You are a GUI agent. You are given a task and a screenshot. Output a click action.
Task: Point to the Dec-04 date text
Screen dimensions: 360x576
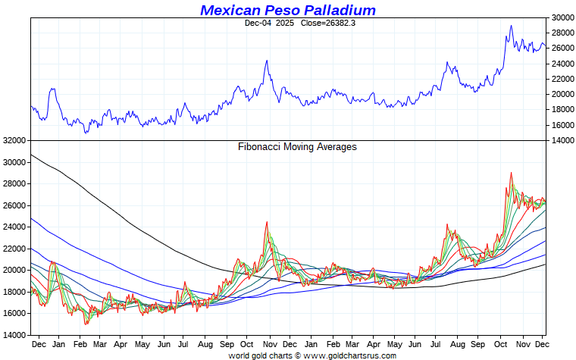pos(258,23)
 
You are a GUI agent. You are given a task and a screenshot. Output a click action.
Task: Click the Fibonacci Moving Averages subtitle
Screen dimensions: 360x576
pos(297,147)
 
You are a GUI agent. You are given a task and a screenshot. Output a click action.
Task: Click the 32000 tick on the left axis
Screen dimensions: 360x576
pos(14,140)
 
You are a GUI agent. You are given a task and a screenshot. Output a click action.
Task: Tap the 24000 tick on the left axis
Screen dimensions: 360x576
pos(14,227)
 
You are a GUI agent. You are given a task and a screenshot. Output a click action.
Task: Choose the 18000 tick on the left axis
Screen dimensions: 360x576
pos(14,292)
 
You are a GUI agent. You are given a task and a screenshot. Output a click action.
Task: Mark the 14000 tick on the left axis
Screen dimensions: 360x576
pos(14,335)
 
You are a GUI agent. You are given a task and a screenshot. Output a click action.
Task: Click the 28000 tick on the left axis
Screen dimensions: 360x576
pos(14,183)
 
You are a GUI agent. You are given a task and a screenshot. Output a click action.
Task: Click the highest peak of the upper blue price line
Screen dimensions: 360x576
pos(511,26)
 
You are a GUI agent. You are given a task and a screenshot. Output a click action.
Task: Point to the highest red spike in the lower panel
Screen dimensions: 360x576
pos(511,173)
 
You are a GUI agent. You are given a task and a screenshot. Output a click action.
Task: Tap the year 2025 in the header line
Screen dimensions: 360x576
pos(285,23)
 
